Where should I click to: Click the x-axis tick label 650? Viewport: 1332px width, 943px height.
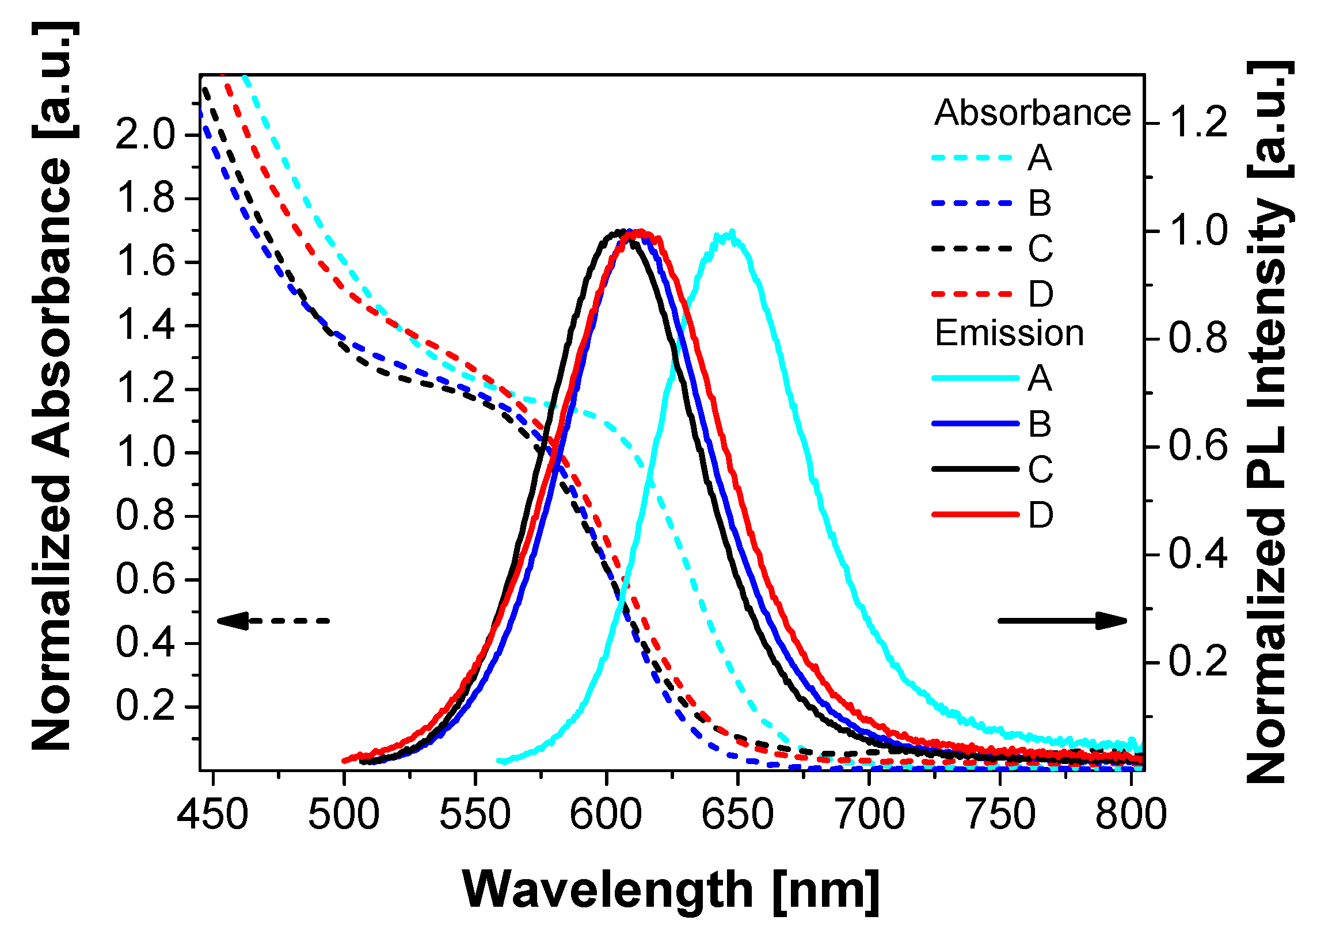pos(737,815)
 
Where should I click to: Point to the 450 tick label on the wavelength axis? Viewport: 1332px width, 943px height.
pos(212,815)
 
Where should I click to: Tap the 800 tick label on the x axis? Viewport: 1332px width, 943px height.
pos(1131,815)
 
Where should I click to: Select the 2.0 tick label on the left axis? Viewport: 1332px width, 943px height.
pos(145,135)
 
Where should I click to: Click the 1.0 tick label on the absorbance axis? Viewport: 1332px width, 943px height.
pos(145,452)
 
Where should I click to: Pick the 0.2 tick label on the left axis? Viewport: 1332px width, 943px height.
pos(145,707)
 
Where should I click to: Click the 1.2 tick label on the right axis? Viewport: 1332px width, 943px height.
pos(1198,123)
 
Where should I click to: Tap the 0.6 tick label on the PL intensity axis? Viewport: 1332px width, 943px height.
pos(1198,446)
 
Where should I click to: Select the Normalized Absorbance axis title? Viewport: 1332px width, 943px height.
pos(52,386)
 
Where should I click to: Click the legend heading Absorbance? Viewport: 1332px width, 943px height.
pos(1032,113)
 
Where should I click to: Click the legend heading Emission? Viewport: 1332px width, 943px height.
pos(1009,333)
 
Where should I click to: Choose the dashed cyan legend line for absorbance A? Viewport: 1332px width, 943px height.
pos(972,158)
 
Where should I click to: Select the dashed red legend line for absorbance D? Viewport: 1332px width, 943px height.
pos(972,295)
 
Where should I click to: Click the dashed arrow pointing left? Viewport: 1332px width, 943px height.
pos(273,621)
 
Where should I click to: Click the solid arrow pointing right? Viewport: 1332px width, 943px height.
pos(1062,621)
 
